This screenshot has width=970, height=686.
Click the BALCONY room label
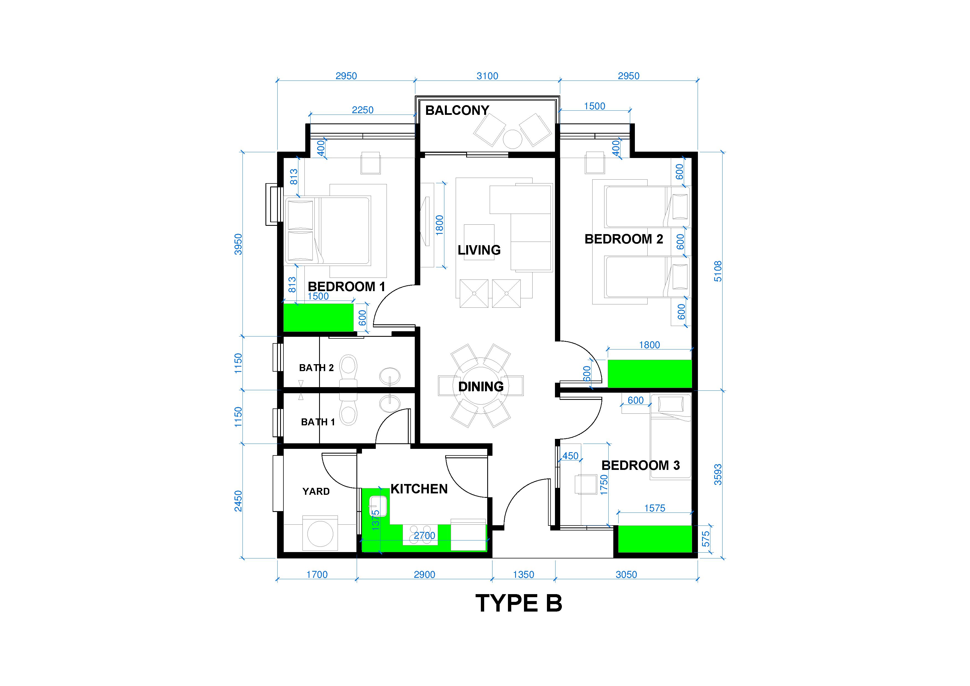click(457, 110)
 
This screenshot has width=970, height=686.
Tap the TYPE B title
click(519, 603)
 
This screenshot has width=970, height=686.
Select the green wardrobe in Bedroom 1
click(318, 317)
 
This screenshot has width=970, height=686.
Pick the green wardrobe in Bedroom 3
click(655, 539)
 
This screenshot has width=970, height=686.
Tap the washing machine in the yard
click(320, 534)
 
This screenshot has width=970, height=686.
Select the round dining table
click(481, 386)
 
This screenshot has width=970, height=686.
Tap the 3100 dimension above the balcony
click(487, 76)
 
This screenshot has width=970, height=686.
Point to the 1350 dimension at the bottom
click(523, 574)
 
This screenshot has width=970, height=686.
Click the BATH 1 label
click(318, 422)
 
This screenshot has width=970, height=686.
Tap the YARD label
click(316, 491)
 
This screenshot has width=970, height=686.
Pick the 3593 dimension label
click(718, 474)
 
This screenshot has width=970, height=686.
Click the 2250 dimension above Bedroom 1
click(363, 110)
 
